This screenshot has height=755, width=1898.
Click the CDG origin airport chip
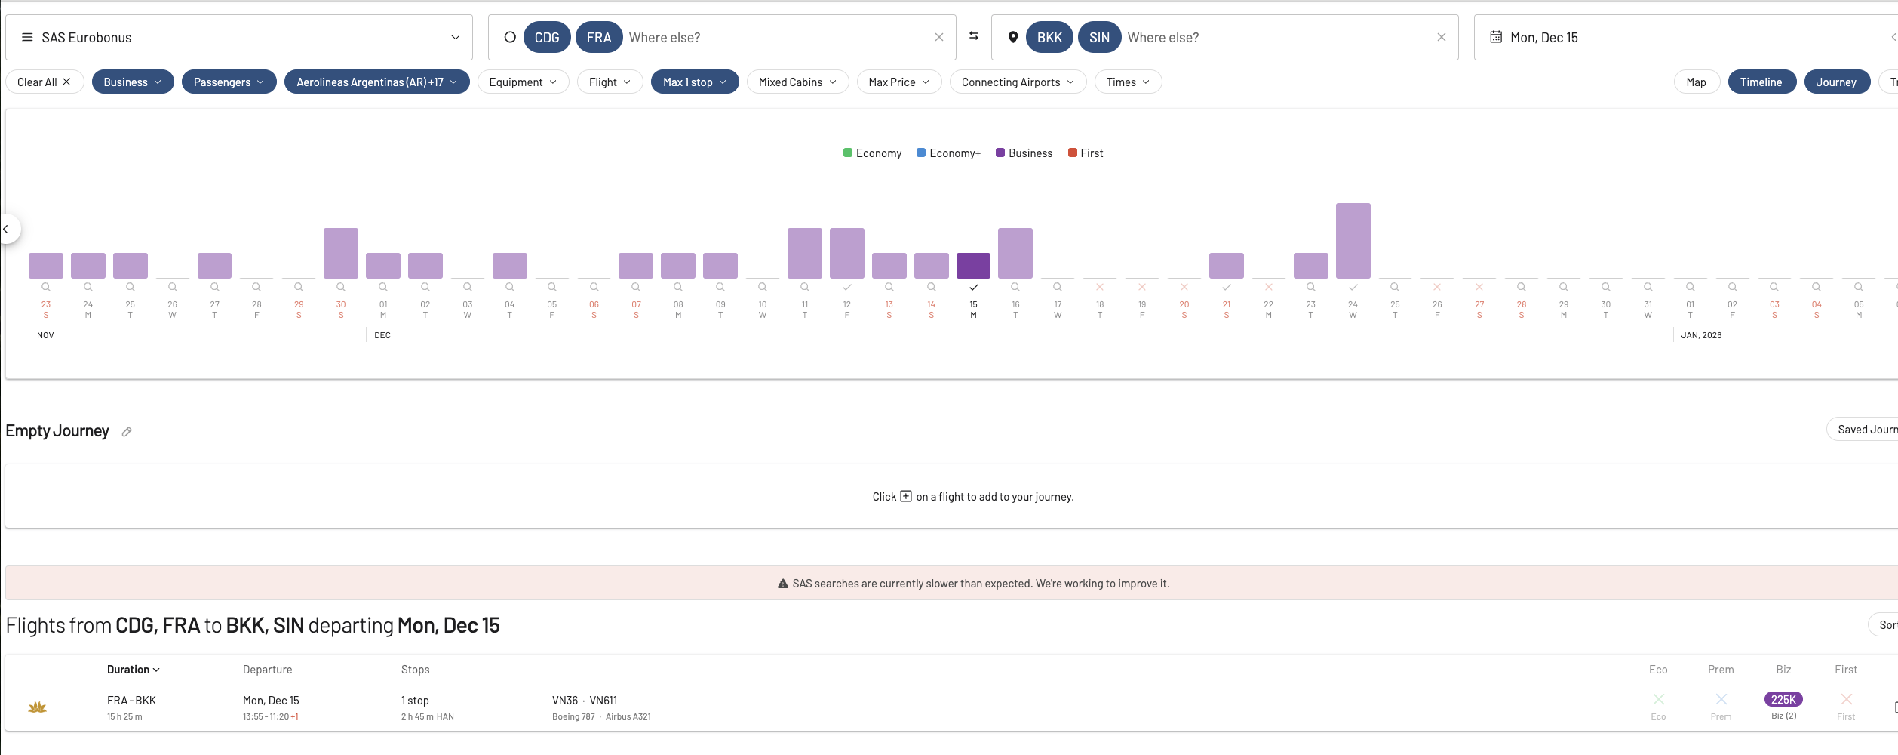[547, 38]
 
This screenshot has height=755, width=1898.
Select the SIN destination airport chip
[1099, 38]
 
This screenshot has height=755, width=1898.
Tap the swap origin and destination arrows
[974, 36]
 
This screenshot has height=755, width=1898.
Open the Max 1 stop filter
[694, 82]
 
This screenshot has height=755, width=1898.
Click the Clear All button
[44, 82]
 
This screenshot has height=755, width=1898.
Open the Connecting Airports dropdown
[1017, 82]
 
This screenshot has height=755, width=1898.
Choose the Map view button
[1696, 82]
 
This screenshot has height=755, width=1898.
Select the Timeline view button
[1761, 82]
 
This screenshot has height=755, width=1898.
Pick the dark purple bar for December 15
[973, 266]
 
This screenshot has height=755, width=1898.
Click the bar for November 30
[341, 253]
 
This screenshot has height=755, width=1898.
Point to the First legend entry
[1086, 153]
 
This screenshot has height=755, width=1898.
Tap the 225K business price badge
[1783, 700]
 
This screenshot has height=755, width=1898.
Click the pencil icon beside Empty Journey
[127, 432]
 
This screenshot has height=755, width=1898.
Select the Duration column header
[133, 670]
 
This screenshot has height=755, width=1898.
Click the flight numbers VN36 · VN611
[585, 701]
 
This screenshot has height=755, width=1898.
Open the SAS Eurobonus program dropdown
[238, 38]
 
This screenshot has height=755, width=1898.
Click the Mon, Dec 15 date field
[1544, 38]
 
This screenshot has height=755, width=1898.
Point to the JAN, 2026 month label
[1701, 335]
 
